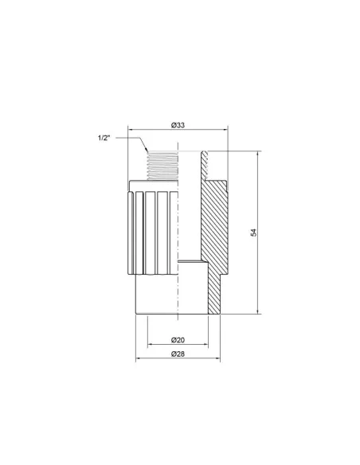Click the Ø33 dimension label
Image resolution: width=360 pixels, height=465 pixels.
click(178, 124)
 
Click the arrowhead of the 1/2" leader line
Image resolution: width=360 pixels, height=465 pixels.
click(147, 151)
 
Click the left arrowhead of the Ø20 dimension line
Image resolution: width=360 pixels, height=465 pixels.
click(150, 345)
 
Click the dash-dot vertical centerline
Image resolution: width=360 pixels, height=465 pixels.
click(178, 239)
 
